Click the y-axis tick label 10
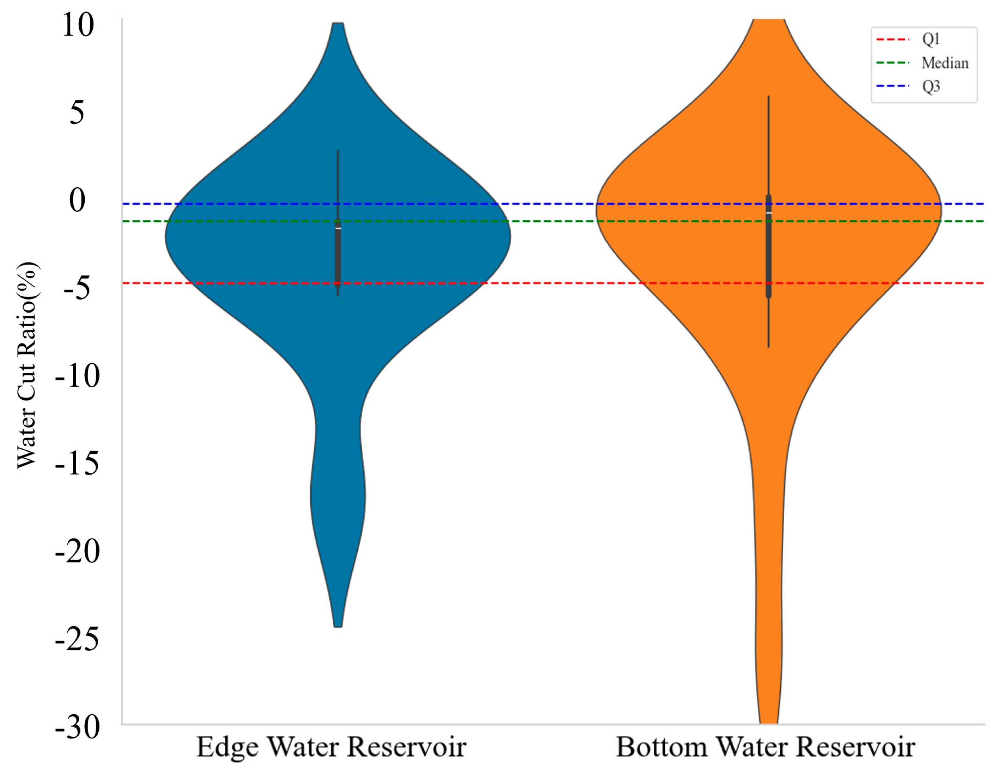(78, 25)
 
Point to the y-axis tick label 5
(77, 112)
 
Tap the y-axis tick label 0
(77, 200)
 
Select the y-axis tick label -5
(77, 288)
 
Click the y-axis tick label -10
(77, 376)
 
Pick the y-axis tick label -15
(77, 464)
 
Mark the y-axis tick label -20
(77, 551)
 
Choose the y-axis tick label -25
(77, 639)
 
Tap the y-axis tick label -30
(77, 727)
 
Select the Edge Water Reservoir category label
(331, 747)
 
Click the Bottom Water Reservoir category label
(766, 747)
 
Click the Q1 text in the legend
(931, 39)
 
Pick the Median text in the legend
(945, 63)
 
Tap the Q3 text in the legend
(931, 86)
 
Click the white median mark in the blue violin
(338, 228)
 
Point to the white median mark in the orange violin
(769, 213)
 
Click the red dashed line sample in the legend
(893, 39)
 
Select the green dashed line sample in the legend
(893, 63)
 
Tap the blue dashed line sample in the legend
(893, 86)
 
